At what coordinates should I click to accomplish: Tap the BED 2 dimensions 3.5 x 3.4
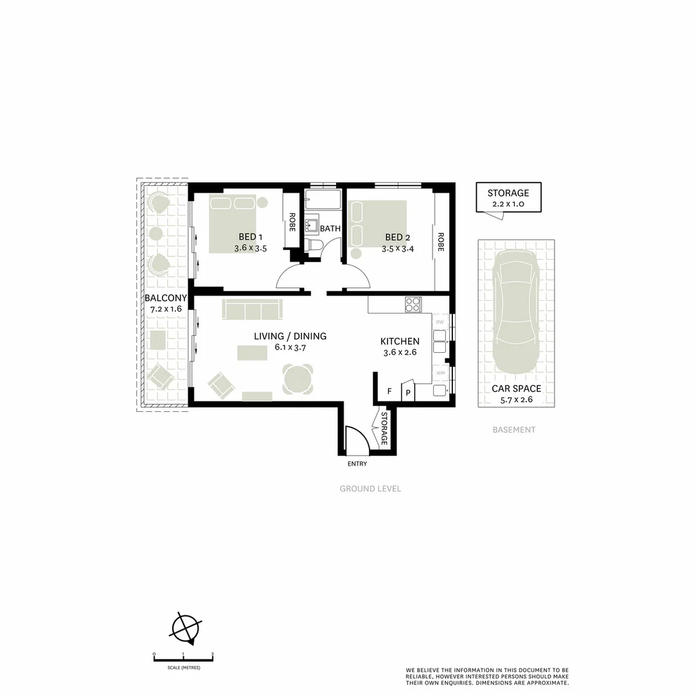[398, 248]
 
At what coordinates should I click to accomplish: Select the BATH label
[330, 228]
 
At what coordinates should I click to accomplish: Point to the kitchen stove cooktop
[413, 305]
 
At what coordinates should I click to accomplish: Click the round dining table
[299, 379]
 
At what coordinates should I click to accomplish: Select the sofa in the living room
[251, 309]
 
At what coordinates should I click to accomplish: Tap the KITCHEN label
[400, 341]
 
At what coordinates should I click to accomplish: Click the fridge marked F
[389, 391]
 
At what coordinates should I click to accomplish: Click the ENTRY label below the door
[357, 464]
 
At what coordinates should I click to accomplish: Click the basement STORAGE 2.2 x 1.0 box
[508, 197]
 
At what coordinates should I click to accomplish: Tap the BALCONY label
[165, 298]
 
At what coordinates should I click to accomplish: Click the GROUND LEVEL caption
[370, 489]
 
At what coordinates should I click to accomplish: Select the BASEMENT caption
[513, 430]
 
